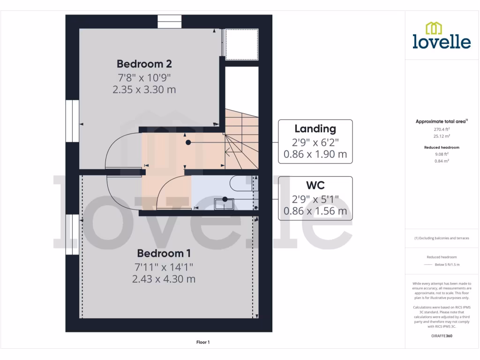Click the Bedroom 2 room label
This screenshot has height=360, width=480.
coord(144,64)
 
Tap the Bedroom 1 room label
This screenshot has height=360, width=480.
coord(164,254)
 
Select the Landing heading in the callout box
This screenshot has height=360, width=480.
coord(315,128)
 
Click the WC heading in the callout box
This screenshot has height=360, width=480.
coord(315,185)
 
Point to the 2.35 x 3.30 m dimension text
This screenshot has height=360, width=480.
coord(144,89)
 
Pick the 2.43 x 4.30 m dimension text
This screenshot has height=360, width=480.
coord(164,279)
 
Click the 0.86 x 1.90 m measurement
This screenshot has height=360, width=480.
coord(315,154)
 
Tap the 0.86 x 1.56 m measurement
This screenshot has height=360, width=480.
coord(315,211)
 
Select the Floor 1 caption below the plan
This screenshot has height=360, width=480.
coord(203,343)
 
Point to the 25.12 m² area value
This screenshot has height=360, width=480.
coord(441,136)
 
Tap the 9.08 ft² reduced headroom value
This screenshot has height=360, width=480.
coord(441,154)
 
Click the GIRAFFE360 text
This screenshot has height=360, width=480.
coord(441,336)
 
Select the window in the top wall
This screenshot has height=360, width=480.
coord(169,22)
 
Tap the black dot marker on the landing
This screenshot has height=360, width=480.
coord(188,142)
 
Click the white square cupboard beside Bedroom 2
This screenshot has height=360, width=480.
coord(242,44)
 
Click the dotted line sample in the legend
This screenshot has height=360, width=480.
coord(427,265)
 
